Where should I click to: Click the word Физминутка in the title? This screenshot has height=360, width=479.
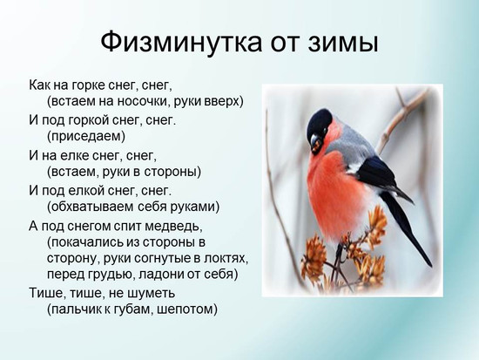[181, 42]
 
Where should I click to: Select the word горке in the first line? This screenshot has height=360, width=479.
[89, 85]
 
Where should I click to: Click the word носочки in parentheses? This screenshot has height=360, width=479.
[144, 101]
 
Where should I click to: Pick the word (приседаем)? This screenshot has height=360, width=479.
[86, 136]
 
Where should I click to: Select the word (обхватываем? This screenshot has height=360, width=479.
[90, 207]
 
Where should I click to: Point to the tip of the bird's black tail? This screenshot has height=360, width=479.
[431, 266]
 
